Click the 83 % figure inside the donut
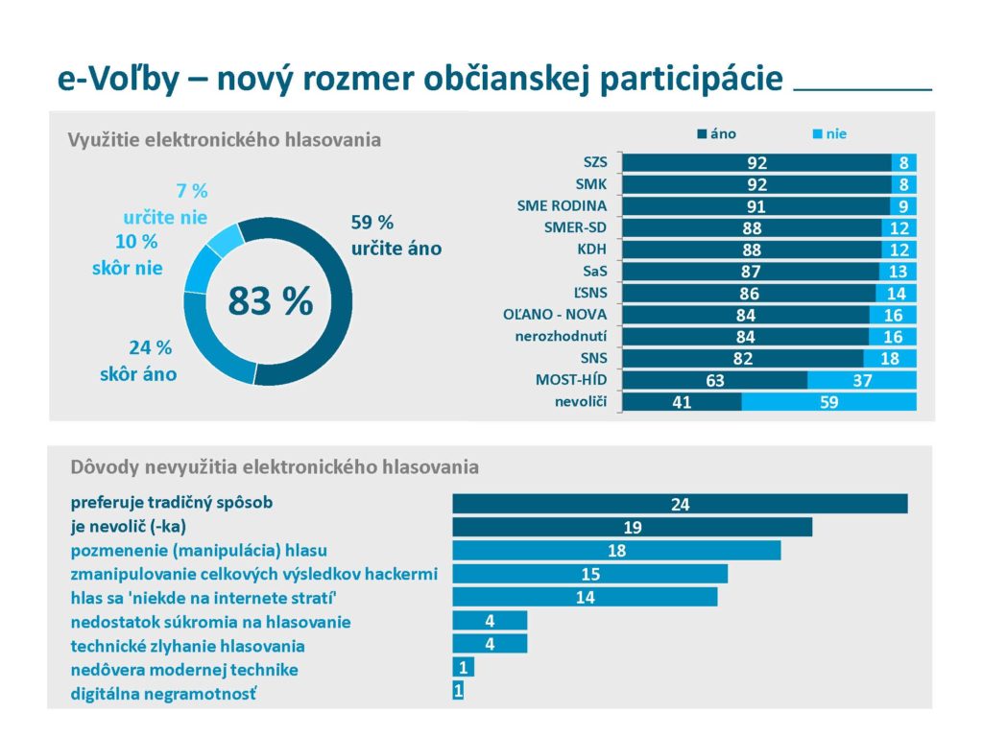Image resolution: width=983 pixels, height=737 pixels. click(270, 300)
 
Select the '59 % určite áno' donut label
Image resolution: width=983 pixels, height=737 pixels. click(396, 236)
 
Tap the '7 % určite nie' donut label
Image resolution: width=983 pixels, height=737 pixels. click(165, 204)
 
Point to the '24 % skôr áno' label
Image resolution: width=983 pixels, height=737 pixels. click(138, 361)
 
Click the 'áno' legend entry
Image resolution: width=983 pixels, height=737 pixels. click(717, 134)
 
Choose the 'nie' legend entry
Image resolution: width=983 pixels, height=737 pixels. click(829, 134)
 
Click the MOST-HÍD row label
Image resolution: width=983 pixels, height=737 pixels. click(578, 380)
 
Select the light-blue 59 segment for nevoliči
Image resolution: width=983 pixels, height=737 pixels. click(829, 403)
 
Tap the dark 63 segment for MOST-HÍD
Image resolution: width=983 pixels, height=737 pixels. click(715, 381)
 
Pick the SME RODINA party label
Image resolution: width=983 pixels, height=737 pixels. click(569, 206)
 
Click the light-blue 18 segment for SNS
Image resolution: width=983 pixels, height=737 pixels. click(890, 359)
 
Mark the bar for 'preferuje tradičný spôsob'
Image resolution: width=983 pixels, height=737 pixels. click(680, 504)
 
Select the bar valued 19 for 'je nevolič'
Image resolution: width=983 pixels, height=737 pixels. click(632, 527)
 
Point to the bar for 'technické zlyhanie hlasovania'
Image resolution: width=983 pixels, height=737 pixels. click(490, 644)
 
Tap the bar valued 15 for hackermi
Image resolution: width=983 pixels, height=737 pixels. click(589, 574)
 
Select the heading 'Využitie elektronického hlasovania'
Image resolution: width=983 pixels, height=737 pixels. click(224, 140)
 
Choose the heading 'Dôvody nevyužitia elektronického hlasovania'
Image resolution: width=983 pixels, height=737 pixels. click(275, 467)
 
